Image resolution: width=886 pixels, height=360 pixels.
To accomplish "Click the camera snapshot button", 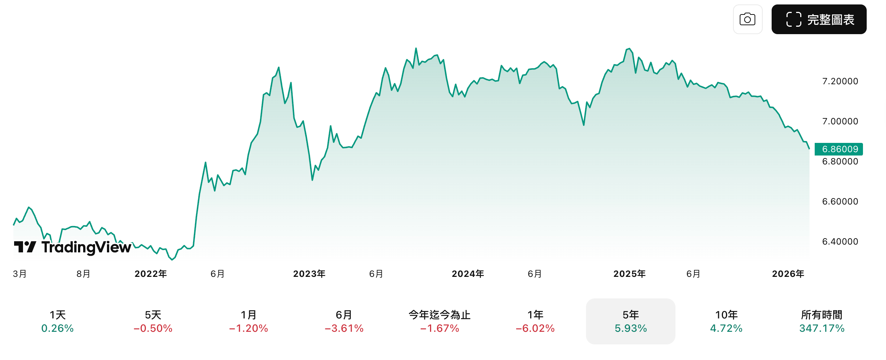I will pos(747,19).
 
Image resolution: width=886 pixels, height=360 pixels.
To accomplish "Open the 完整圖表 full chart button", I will pos(819,19).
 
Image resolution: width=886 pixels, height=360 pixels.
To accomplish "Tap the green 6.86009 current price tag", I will pos(839,149).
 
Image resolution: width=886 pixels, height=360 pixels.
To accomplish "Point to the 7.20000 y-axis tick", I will pos(840,81).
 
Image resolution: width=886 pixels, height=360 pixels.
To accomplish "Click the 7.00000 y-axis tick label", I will pos(840,121).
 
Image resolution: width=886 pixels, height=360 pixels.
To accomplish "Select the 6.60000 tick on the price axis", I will pos(840,202).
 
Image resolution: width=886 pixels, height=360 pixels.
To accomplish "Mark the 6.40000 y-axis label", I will pos(840,242).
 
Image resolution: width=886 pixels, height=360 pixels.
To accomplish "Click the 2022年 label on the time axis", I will pos(151,274).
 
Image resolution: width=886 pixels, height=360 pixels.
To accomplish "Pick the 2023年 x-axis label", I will pos(309,274).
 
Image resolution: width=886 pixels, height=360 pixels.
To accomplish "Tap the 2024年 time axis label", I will pos(468,274).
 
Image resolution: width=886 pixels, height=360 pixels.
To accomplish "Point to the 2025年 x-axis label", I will pos(629,274).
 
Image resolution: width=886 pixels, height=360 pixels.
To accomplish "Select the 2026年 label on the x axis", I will pos(788,274).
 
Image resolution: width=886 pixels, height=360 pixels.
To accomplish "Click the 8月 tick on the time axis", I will pos(84,274).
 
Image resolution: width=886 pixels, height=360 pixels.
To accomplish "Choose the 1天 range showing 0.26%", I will pos(58,321).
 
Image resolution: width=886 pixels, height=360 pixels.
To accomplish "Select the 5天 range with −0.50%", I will pos(153,321).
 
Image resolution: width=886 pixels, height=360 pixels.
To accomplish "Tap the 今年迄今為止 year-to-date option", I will pos(440,321).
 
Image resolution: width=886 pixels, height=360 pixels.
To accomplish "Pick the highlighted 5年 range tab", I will pos(631,321).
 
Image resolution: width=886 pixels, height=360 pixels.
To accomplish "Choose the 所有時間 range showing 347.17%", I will pos(822,321).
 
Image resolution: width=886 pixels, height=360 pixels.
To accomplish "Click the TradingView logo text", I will pos(86,247).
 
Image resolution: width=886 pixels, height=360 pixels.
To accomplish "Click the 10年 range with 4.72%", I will pos(726,321).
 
